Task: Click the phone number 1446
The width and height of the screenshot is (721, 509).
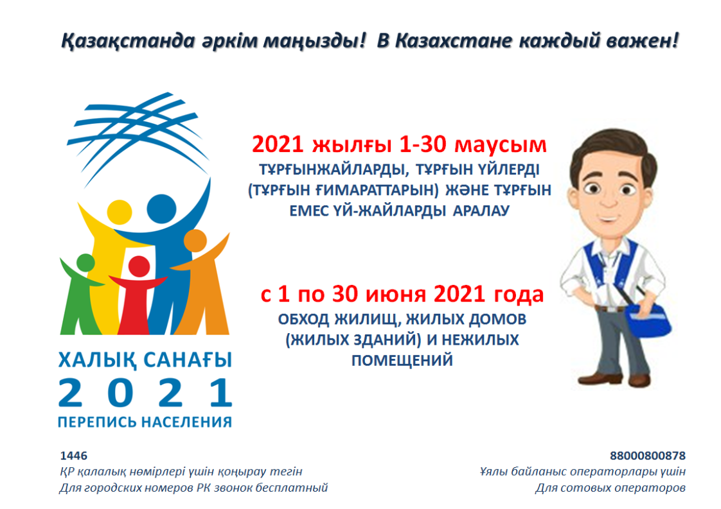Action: click(x=73, y=456)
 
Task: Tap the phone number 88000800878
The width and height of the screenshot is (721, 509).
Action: click(x=648, y=456)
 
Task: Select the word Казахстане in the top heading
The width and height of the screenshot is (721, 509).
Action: click(x=454, y=41)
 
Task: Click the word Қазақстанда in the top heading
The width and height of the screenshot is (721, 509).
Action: click(x=129, y=42)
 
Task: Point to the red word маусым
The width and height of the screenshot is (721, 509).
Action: click(x=501, y=145)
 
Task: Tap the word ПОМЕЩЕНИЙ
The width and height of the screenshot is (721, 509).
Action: click(x=402, y=360)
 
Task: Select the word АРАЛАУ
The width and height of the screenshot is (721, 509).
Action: click(x=481, y=211)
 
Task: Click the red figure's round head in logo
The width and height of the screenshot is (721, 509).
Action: click(x=139, y=266)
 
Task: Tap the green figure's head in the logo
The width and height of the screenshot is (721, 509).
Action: click(x=85, y=263)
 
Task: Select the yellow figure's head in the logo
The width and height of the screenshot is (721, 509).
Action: click(x=120, y=212)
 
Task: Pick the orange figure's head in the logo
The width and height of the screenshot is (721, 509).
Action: click(x=195, y=241)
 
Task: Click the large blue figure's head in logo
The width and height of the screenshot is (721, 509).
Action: click(x=161, y=209)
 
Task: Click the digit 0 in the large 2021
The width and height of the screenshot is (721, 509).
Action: click(x=120, y=393)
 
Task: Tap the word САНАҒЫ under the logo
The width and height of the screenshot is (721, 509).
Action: click(x=188, y=361)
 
